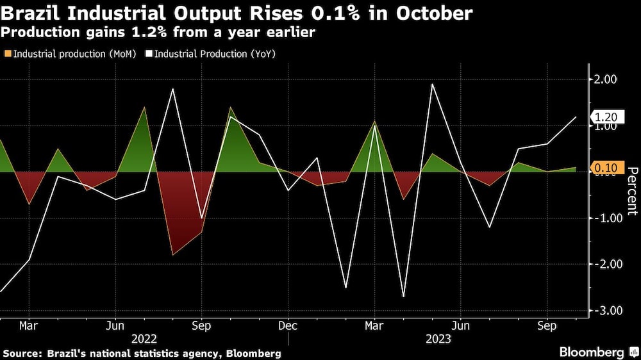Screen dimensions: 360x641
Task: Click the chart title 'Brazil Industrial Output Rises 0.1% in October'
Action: [x=238, y=12]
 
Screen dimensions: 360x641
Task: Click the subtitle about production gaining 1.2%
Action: [x=158, y=32]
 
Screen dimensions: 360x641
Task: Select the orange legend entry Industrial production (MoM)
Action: [x=71, y=54]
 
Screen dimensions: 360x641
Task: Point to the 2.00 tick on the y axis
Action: [x=606, y=79]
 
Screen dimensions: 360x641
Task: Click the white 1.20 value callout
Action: [x=605, y=117]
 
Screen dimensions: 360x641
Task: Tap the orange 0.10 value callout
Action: [x=605, y=168]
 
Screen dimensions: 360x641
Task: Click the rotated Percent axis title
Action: [x=631, y=190]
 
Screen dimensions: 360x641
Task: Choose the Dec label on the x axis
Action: [x=288, y=325]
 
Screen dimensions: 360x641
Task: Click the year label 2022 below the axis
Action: [x=144, y=338]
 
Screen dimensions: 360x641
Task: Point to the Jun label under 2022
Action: [x=115, y=325]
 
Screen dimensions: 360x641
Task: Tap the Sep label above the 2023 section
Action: [x=546, y=325]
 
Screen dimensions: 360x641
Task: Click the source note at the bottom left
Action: [x=142, y=353]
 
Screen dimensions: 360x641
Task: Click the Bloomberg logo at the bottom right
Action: [x=596, y=352]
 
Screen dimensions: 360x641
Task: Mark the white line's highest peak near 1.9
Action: [x=433, y=84]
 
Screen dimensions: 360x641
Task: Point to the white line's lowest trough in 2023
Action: [x=404, y=297]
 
